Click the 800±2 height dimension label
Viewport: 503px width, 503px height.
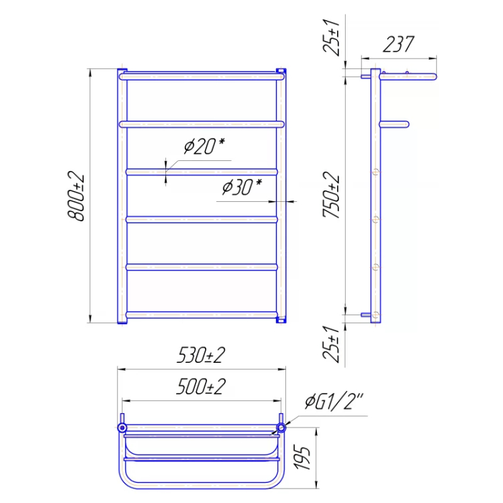(76, 196)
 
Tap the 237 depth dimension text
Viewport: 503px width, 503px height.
(399, 44)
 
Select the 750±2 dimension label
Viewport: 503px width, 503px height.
(331, 195)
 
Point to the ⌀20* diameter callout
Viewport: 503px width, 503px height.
(204, 146)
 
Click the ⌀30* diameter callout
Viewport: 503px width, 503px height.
(242, 187)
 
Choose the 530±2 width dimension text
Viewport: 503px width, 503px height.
(201, 355)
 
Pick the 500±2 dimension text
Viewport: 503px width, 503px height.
(201, 386)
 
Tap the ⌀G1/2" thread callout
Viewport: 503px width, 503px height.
(334, 402)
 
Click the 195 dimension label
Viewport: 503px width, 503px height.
(303, 458)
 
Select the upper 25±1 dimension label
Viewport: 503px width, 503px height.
(331, 38)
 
